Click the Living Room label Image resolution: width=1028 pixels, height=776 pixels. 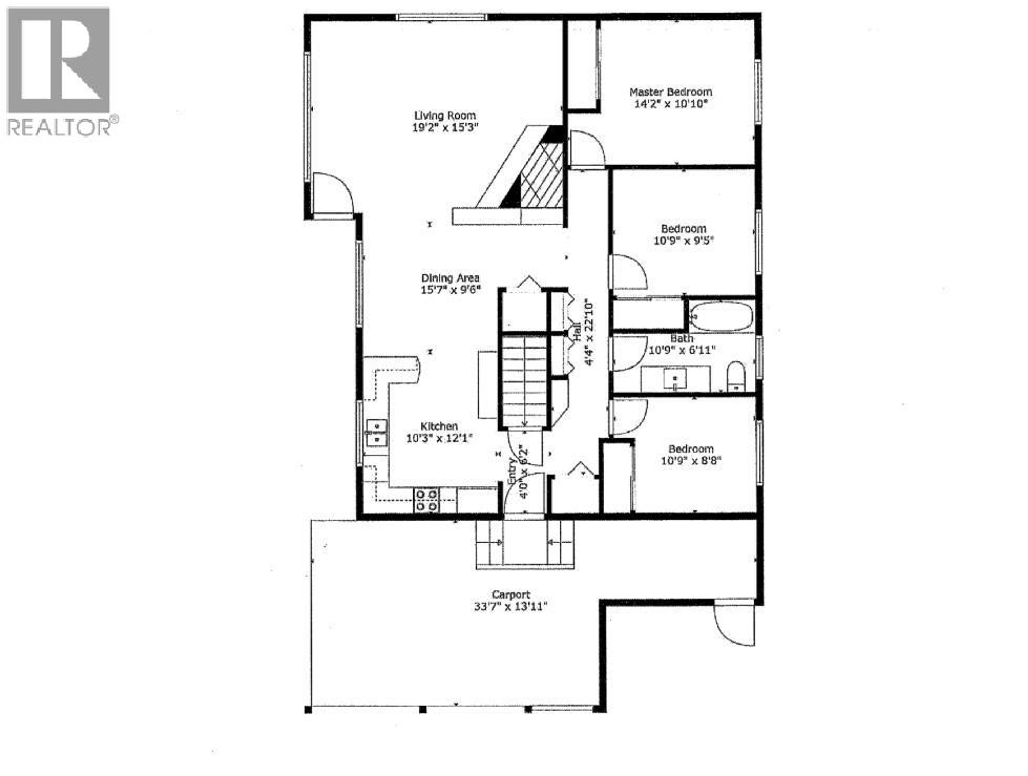445,116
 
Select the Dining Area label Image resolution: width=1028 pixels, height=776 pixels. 450,278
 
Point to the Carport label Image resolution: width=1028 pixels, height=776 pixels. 511,594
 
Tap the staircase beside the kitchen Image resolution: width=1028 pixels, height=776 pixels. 524,381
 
